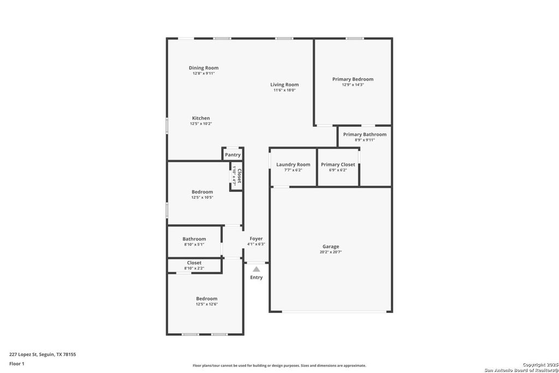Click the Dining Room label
204,68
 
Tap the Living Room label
284,85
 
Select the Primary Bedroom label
353,79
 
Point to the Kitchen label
201,119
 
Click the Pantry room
233,155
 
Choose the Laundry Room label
293,164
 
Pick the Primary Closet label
338,164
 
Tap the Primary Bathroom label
365,134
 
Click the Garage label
330,247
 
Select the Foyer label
256,239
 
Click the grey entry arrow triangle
256,269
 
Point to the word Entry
256,277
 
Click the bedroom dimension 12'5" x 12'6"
206,304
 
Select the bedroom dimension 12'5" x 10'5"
202,198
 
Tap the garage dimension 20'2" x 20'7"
330,252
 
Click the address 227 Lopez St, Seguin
43,354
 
